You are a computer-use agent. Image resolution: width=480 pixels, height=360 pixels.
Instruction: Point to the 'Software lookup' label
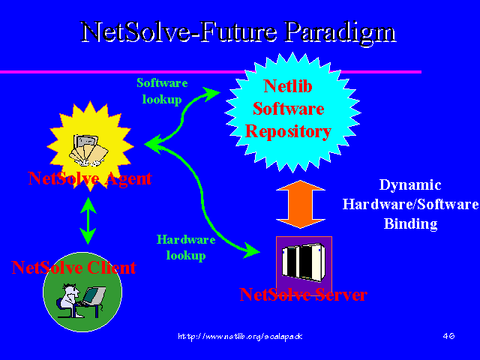(x=161, y=89)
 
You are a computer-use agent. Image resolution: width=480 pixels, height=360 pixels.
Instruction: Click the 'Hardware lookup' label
(x=186, y=247)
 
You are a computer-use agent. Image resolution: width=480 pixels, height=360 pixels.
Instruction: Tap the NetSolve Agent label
(x=89, y=178)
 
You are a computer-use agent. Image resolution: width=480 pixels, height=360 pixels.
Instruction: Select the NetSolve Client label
(x=73, y=267)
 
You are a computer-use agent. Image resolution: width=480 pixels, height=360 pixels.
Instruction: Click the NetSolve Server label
(x=303, y=295)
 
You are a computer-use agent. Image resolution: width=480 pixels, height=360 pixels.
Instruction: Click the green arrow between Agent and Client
(x=88, y=220)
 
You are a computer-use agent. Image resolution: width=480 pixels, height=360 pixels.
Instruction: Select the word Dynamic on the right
(x=410, y=185)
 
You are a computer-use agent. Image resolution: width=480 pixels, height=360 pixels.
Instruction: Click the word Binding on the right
(x=410, y=223)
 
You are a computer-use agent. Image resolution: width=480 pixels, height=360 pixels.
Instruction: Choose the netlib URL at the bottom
(x=240, y=337)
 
